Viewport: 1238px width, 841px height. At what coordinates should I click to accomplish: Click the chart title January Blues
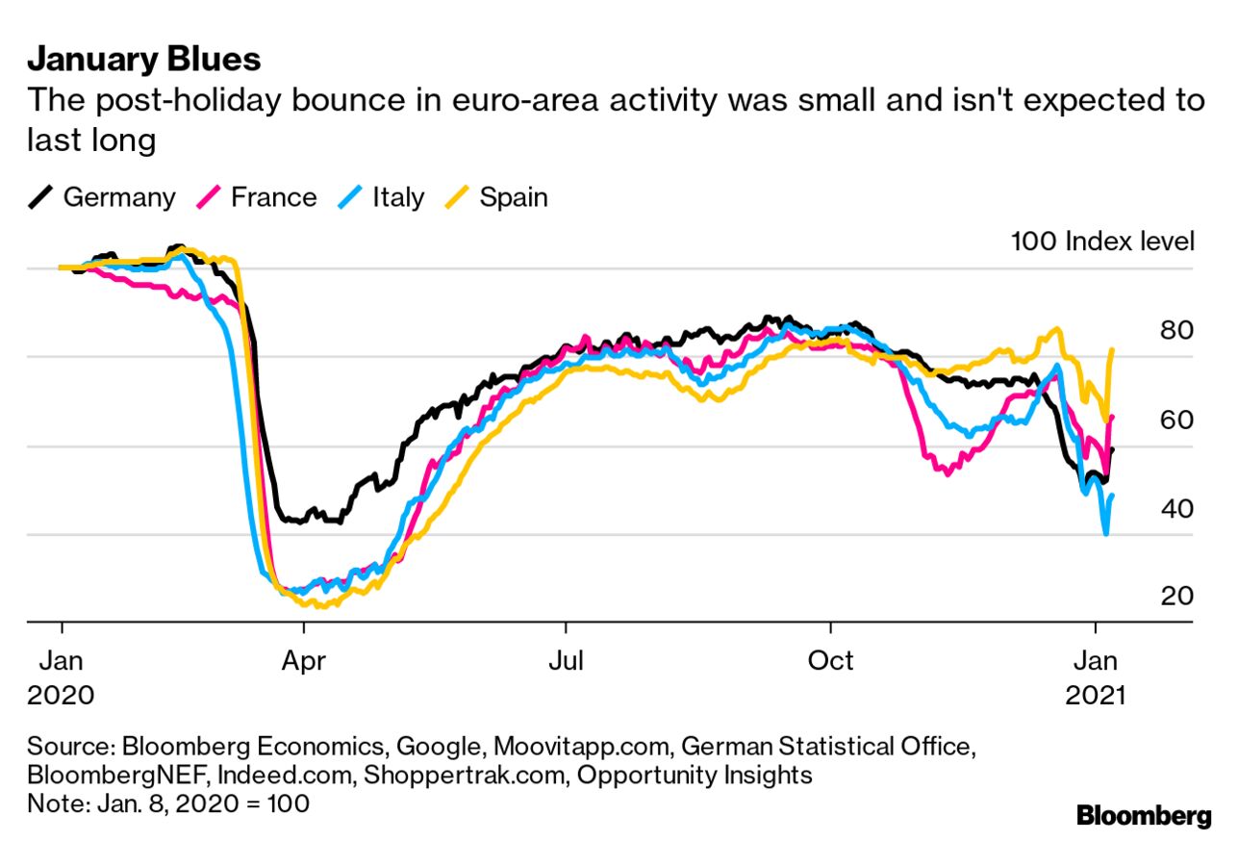143,60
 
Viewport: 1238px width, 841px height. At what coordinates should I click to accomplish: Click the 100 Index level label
1102,241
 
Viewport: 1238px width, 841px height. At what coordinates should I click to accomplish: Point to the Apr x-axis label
303,661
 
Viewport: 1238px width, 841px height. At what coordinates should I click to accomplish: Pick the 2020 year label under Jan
61,695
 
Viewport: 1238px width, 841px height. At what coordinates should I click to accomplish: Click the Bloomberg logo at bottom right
1144,816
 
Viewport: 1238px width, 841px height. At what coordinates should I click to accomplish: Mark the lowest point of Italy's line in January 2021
1106,533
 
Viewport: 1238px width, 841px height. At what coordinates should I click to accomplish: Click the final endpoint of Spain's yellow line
1113,349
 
